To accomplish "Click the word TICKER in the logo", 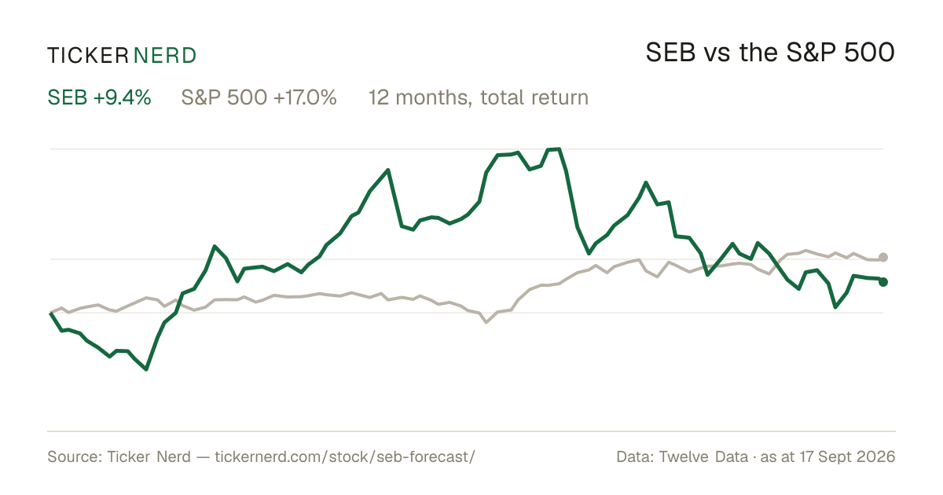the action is [88, 56].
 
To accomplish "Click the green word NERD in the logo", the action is [164, 56].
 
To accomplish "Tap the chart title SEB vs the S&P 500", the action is [770, 53].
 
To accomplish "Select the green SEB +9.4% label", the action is [99, 97].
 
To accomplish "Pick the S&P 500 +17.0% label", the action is [259, 97].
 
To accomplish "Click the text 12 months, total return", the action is [479, 98].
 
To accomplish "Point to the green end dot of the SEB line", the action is [883, 282].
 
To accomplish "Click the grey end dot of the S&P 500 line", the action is [883, 257].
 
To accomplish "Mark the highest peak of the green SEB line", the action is [559, 148].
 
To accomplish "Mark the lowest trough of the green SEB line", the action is [146, 369].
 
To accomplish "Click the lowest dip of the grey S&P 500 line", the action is [486, 322].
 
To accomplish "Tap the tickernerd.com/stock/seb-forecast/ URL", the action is [345, 456].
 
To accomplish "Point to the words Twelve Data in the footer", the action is [703, 456].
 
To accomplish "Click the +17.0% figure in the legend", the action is [305, 97].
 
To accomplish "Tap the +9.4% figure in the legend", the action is [122, 97].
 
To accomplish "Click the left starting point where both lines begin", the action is [50, 313].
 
